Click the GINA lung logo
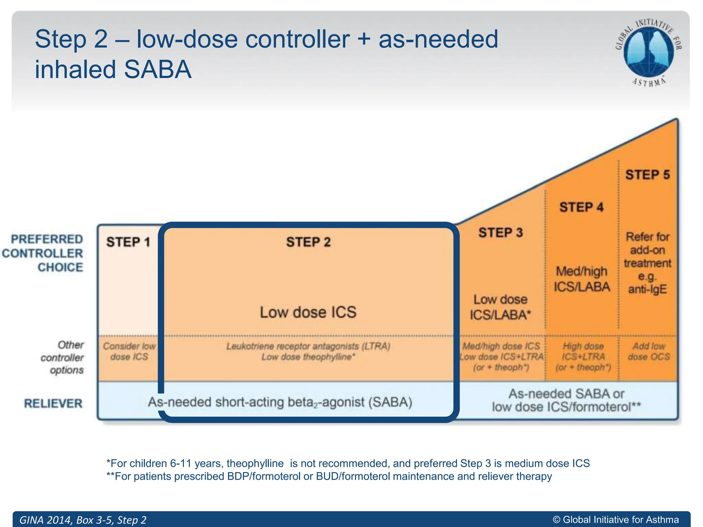tap(648, 51)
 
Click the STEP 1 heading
tap(128, 242)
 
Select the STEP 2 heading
tap(308, 242)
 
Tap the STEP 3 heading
tap(500, 233)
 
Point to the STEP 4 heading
tap(581, 207)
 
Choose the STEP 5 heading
tap(647, 175)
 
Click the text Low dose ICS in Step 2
tap(308, 312)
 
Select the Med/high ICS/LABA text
tap(582, 279)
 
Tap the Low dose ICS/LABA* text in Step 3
tap(500, 307)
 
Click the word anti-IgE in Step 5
tap(647, 289)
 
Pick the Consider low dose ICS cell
tap(129, 351)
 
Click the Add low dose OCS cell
tap(649, 351)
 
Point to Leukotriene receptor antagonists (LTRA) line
tap(308, 346)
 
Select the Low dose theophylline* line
tap(308, 357)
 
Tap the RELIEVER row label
tap(53, 403)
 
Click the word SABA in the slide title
tap(157, 70)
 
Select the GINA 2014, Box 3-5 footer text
tap(83, 520)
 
